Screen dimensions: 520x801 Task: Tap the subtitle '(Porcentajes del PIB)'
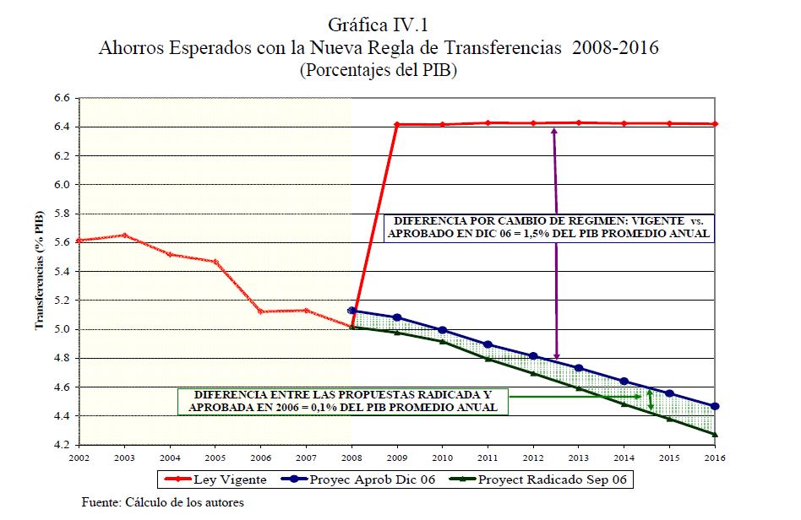point(378,72)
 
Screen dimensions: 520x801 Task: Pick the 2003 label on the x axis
point(124,456)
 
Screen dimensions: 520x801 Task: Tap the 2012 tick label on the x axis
point(532,456)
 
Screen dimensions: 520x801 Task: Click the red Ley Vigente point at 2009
point(396,125)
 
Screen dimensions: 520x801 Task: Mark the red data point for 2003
point(124,236)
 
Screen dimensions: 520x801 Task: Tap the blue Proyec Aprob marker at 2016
point(715,406)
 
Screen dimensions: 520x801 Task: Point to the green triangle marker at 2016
point(715,434)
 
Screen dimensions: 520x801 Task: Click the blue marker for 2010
point(442,330)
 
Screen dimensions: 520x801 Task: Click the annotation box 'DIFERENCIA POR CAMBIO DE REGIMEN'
point(548,227)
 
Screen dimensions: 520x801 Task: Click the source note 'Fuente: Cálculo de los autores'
point(162,503)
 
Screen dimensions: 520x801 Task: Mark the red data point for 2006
point(260,311)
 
